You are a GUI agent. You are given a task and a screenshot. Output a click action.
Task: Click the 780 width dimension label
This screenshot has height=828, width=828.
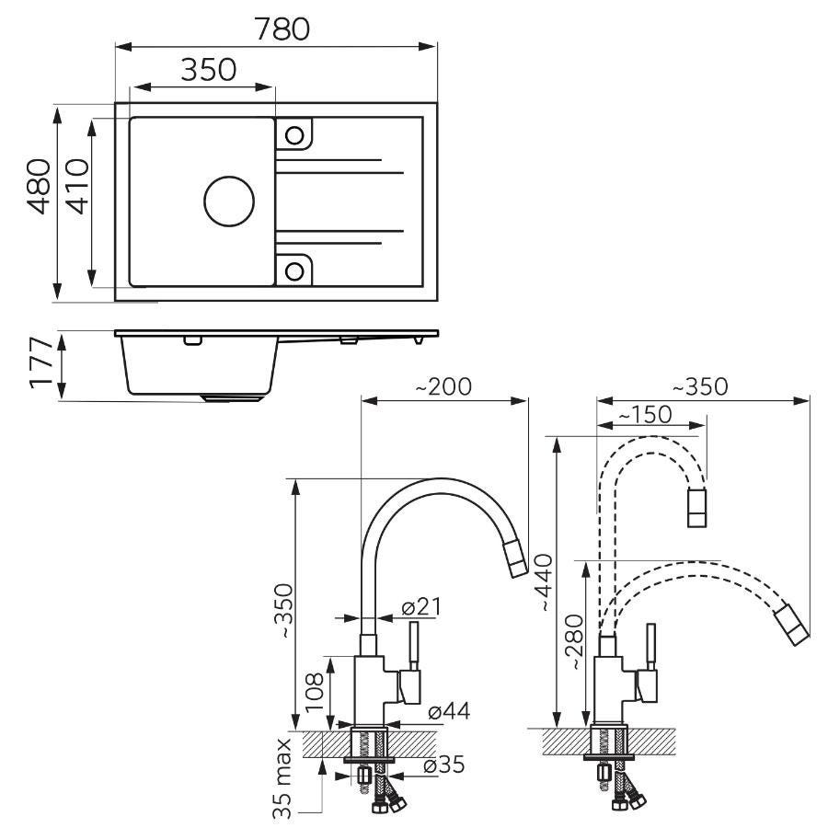coord(282,29)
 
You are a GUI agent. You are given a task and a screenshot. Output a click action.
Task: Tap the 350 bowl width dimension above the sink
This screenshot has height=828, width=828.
coord(208,70)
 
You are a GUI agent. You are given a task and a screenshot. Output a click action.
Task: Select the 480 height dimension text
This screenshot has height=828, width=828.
coord(40,187)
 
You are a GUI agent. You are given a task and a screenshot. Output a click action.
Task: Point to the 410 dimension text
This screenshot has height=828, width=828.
coord(77,187)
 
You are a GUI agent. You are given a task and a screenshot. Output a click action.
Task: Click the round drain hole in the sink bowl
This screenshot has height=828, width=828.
coord(229,201)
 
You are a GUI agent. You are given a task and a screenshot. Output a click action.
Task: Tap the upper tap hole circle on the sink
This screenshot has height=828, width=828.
coord(294,136)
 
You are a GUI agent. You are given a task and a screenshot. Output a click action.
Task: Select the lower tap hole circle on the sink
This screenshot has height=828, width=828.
coord(294,271)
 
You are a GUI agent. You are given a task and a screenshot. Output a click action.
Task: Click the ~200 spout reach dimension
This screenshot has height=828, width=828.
coord(443,386)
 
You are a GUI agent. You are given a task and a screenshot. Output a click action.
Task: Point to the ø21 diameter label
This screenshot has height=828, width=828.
coord(420,607)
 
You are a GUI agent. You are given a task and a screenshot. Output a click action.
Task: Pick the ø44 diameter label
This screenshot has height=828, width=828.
coord(449,711)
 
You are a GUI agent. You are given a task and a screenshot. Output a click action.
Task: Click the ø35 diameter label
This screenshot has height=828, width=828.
coord(444,765)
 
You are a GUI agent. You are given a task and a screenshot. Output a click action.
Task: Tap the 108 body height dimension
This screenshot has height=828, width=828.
coord(315,692)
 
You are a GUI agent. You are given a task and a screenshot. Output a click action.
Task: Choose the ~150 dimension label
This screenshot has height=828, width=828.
coord(645,415)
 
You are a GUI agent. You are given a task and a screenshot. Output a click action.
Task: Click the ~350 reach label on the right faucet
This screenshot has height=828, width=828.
coord(700,386)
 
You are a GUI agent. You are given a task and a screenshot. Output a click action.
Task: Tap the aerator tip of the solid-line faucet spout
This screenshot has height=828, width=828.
coord(515,559)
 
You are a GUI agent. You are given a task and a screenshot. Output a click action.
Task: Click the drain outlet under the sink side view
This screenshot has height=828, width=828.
coord(232,397)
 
